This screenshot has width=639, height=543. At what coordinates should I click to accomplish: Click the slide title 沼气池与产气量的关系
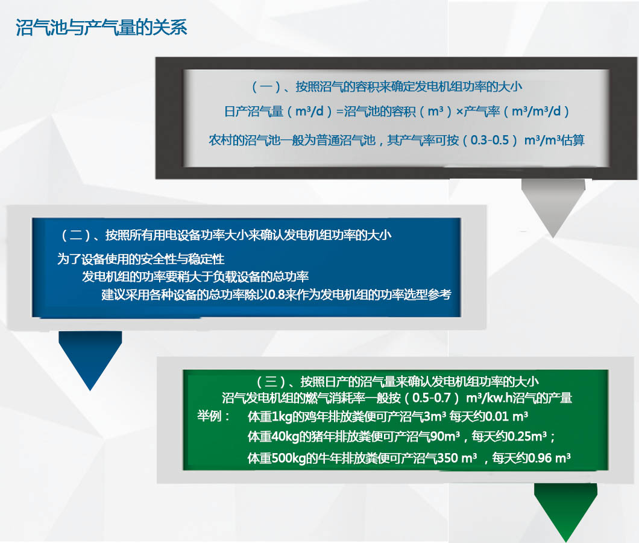click(x=101, y=27)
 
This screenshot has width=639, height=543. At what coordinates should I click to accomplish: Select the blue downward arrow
click(x=90, y=359)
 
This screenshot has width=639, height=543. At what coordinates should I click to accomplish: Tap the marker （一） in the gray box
click(x=266, y=86)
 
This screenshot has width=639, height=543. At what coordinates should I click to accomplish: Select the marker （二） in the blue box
click(x=76, y=235)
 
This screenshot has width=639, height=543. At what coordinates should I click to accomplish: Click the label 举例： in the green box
click(x=214, y=416)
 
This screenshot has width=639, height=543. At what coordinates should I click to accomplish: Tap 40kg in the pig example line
click(x=285, y=437)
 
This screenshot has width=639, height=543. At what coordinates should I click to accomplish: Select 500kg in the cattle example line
click(x=289, y=458)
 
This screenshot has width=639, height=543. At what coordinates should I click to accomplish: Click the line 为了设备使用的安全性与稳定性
click(x=141, y=259)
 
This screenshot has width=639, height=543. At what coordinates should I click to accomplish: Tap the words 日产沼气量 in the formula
click(x=253, y=112)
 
